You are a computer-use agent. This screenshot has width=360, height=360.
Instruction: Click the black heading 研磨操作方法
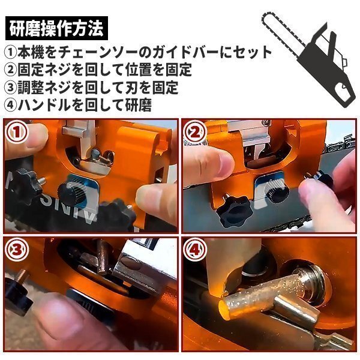tap(56, 28)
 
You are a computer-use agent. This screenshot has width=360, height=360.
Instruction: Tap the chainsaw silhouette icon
tap(308, 59)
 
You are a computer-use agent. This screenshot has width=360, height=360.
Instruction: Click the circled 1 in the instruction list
tap(11, 52)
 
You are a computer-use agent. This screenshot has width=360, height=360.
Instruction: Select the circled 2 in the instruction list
tap(11, 70)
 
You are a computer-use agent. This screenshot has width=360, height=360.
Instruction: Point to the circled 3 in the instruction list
tap(11, 87)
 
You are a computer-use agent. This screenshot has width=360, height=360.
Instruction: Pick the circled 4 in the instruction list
tap(11, 105)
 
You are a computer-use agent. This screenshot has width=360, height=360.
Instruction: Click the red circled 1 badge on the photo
tap(17, 132)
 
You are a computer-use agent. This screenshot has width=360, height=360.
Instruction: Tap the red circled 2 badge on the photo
tap(195, 132)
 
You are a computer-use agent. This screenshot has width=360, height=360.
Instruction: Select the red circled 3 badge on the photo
tap(17, 250)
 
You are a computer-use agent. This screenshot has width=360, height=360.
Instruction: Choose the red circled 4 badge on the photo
tap(195, 250)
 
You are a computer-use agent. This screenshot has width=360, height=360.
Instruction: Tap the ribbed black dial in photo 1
tap(71, 193)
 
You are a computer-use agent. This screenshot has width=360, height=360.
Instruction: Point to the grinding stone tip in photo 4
tap(224, 310)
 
